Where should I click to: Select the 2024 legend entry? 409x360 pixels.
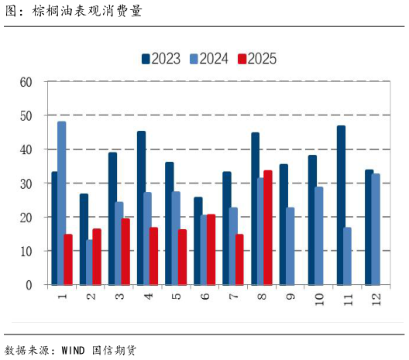208,59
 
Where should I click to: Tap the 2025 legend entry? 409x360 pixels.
256,59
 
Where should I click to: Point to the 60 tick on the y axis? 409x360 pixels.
26,82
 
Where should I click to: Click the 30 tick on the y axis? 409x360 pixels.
26,183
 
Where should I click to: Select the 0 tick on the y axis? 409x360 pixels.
29,285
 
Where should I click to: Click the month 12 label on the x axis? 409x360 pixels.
375,297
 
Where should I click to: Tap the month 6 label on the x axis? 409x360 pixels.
204,297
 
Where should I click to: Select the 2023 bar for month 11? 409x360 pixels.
341,205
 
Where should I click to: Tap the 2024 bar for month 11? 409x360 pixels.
347,256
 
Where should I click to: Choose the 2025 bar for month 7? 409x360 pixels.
239,259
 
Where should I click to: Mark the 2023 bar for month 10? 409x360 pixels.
312,220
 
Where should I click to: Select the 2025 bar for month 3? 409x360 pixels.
125,252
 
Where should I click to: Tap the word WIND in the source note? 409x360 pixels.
74,349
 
